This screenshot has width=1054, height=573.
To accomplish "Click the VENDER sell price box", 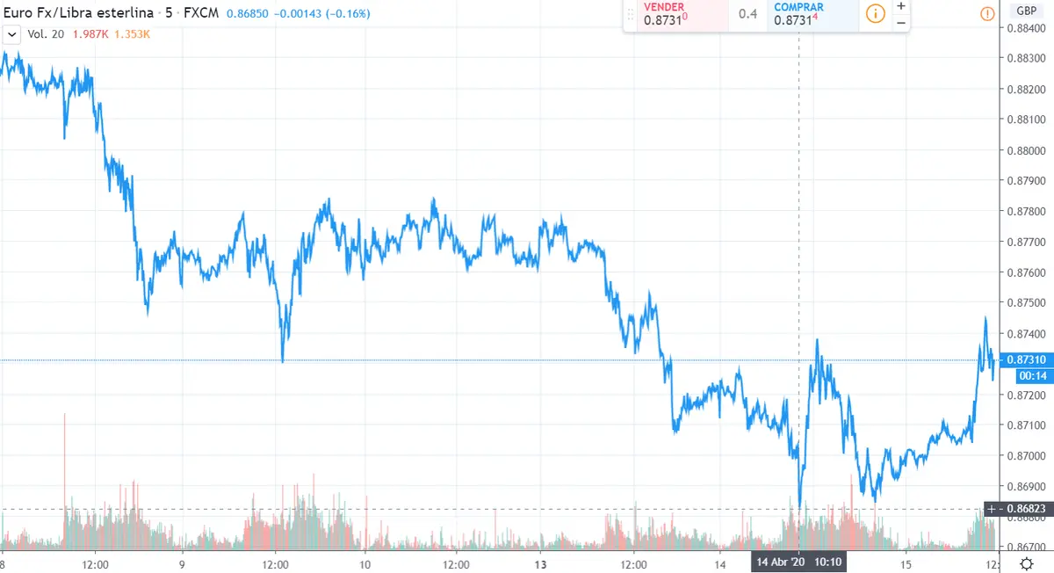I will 675,15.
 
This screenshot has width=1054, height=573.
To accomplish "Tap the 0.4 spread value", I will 747,14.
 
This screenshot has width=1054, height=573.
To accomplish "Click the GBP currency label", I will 1025,11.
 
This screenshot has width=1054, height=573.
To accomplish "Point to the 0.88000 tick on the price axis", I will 1024,150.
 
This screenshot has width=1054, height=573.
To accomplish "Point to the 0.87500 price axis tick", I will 1024,303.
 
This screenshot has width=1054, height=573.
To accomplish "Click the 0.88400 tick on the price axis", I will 1024,29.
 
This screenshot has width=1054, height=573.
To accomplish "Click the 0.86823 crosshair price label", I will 1024,509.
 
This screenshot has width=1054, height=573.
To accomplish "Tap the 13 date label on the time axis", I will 541,564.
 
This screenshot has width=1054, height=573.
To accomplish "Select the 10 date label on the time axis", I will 365,564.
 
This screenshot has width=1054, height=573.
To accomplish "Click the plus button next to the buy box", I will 900,6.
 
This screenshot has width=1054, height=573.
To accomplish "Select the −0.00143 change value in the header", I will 298,14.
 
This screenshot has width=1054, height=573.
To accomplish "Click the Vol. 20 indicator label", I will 46,34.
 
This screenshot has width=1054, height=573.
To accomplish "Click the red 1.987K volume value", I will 90,34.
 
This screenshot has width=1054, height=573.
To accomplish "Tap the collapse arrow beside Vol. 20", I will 12,34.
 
